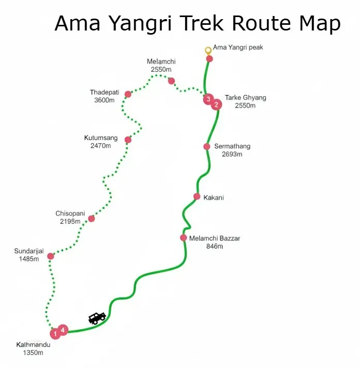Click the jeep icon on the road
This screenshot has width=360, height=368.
tap(97, 318)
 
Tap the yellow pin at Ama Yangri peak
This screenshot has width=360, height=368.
tap(208, 50)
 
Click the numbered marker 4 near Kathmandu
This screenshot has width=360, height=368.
tap(63, 329)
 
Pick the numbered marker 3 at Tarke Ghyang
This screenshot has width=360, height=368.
tap(208, 98)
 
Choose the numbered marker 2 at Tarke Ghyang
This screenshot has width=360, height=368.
tap(216, 104)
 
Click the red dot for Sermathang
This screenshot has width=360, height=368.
tap(207, 146)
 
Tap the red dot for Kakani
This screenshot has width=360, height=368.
tap(197, 196)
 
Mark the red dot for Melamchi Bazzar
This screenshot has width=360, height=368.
tap(184, 238)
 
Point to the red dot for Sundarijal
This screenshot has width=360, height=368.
tap(51, 256)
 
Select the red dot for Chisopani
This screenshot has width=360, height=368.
tap(92, 219)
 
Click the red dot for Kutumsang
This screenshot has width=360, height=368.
tap(128, 140)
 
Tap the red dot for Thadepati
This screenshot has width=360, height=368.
tap(128, 94)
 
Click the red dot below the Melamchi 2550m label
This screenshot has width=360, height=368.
tap(171, 81)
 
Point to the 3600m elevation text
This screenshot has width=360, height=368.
tap(104, 100)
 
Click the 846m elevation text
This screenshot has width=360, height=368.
tap(214, 247)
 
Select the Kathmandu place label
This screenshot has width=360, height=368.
tap(34, 345)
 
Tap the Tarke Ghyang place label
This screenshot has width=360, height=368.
tap(245, 97)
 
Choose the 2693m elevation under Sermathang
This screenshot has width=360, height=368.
tap(232, 155)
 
